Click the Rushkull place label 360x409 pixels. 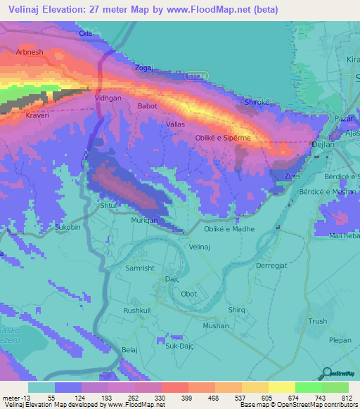point(138,310)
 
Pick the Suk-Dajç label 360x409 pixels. point(180,345)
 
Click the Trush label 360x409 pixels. point(318,321)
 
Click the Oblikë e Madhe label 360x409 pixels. point(229,229)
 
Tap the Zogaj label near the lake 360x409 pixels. point(143,69)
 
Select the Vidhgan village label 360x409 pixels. point(108,99)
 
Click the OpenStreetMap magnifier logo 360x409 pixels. point(325,373)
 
